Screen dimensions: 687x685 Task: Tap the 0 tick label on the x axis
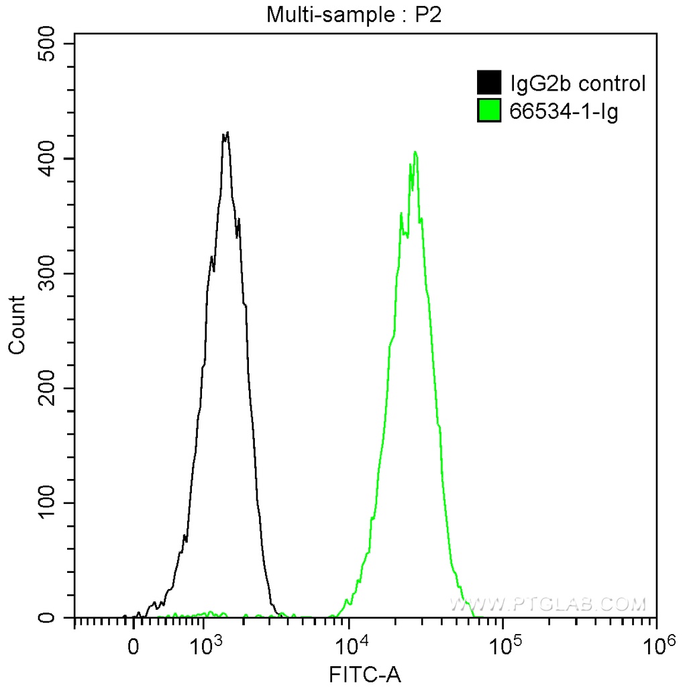coord(134,647)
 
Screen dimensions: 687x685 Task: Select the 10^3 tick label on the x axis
coord(207,645)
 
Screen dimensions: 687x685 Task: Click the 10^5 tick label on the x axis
coord(506,645)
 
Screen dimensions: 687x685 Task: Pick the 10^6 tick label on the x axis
coord(657,645)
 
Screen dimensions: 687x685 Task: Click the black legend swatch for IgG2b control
coord(489,83)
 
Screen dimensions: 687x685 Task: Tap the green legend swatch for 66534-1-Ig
coord(489,111)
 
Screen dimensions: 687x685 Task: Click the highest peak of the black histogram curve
coord(227,133)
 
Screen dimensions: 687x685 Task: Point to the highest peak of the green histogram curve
coord(416,152)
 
